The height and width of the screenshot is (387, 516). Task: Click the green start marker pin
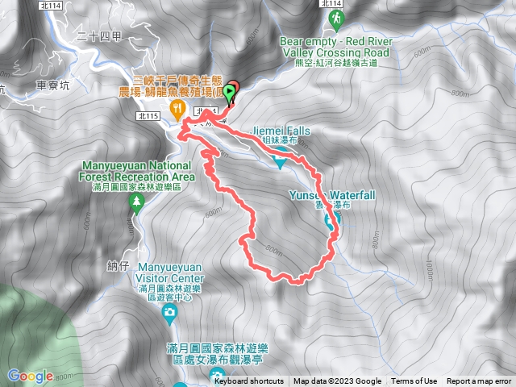coord(230,93)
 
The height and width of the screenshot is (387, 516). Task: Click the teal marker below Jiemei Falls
coord(279,164)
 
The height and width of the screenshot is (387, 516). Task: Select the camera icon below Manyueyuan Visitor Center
coord(169,312)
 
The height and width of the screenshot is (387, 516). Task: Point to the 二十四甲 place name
coord(99,35)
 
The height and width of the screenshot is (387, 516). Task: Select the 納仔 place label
coord(118,264)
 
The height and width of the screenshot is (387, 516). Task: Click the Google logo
coord(30,376)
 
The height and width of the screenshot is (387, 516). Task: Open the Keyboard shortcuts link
coord(248,381)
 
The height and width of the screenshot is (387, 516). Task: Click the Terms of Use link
coord(414,381)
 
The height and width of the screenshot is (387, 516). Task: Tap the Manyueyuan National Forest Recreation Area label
coord(137,171)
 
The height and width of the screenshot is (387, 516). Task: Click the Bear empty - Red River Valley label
coord(335,45)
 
